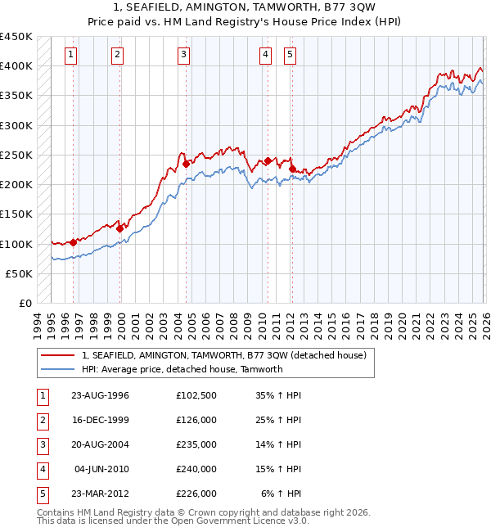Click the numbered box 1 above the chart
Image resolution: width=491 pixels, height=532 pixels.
[x=72, y=55]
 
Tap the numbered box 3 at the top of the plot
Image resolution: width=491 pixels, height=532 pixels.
[x=183, y=55]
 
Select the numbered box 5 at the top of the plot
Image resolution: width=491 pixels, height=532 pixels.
[x=291, y=55]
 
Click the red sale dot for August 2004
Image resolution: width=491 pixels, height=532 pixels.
[x=186, y=164]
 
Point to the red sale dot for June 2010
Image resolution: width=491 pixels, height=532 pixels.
[x=268, y=161]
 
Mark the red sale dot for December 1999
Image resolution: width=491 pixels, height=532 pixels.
[x=119, y=229]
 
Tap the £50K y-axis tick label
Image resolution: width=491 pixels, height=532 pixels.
[x=20, y=273]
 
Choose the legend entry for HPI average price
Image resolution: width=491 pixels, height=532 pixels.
[x=182, y=369]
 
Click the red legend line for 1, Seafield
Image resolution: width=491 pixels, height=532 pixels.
[x=57, y=355]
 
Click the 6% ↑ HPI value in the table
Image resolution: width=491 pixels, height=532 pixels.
[x=282, y=494]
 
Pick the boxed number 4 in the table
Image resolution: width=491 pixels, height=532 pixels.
[x=42, y=469]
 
